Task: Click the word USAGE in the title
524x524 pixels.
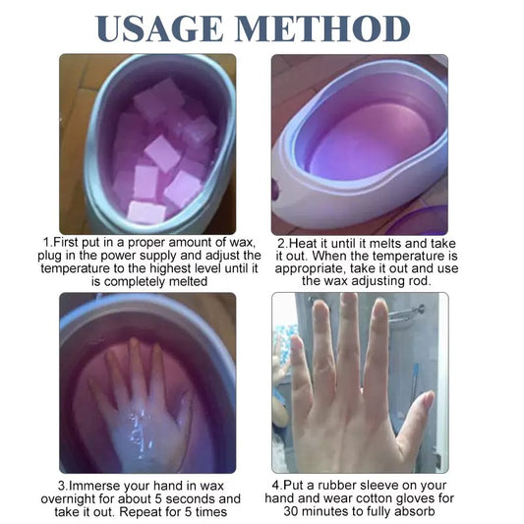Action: [x=159, y=29]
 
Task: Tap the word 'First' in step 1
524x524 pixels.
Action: [x=66, y=242]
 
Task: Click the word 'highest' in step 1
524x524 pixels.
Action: [x=173, y=268]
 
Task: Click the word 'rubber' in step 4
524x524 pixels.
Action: [x=335, y=485]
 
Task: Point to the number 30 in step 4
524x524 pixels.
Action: [x=291, y=511]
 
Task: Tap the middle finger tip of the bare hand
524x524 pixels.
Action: [x=348, y=301]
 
